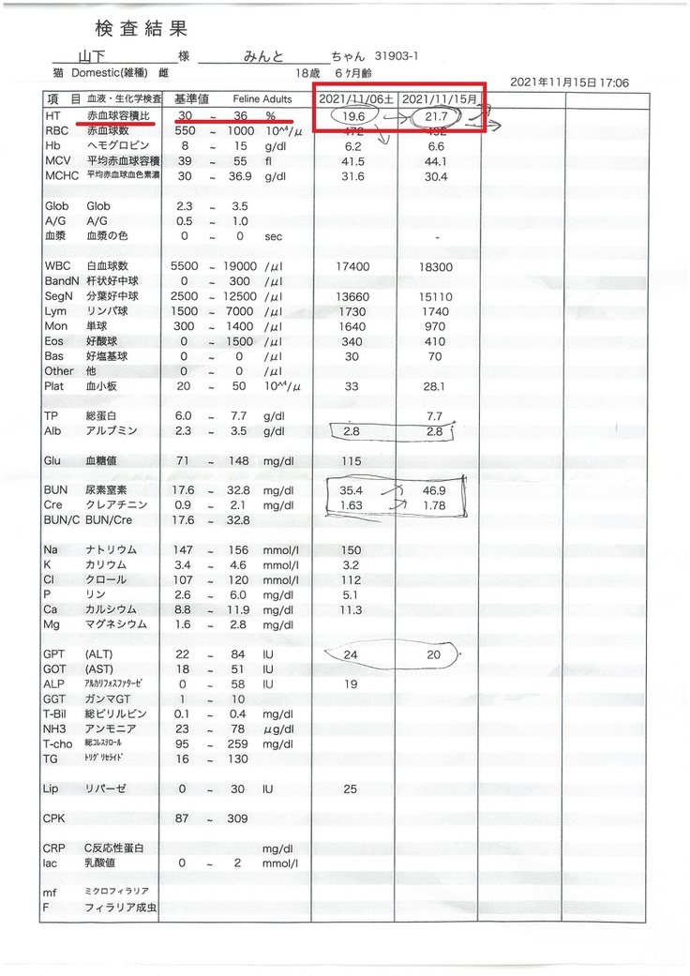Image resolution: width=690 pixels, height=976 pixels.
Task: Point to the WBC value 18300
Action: [434, 266]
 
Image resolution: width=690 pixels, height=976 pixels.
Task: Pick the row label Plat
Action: [53, 385]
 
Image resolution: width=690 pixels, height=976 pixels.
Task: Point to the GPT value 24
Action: [352, 654]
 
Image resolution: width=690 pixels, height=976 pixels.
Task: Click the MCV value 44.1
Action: [434, 160]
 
